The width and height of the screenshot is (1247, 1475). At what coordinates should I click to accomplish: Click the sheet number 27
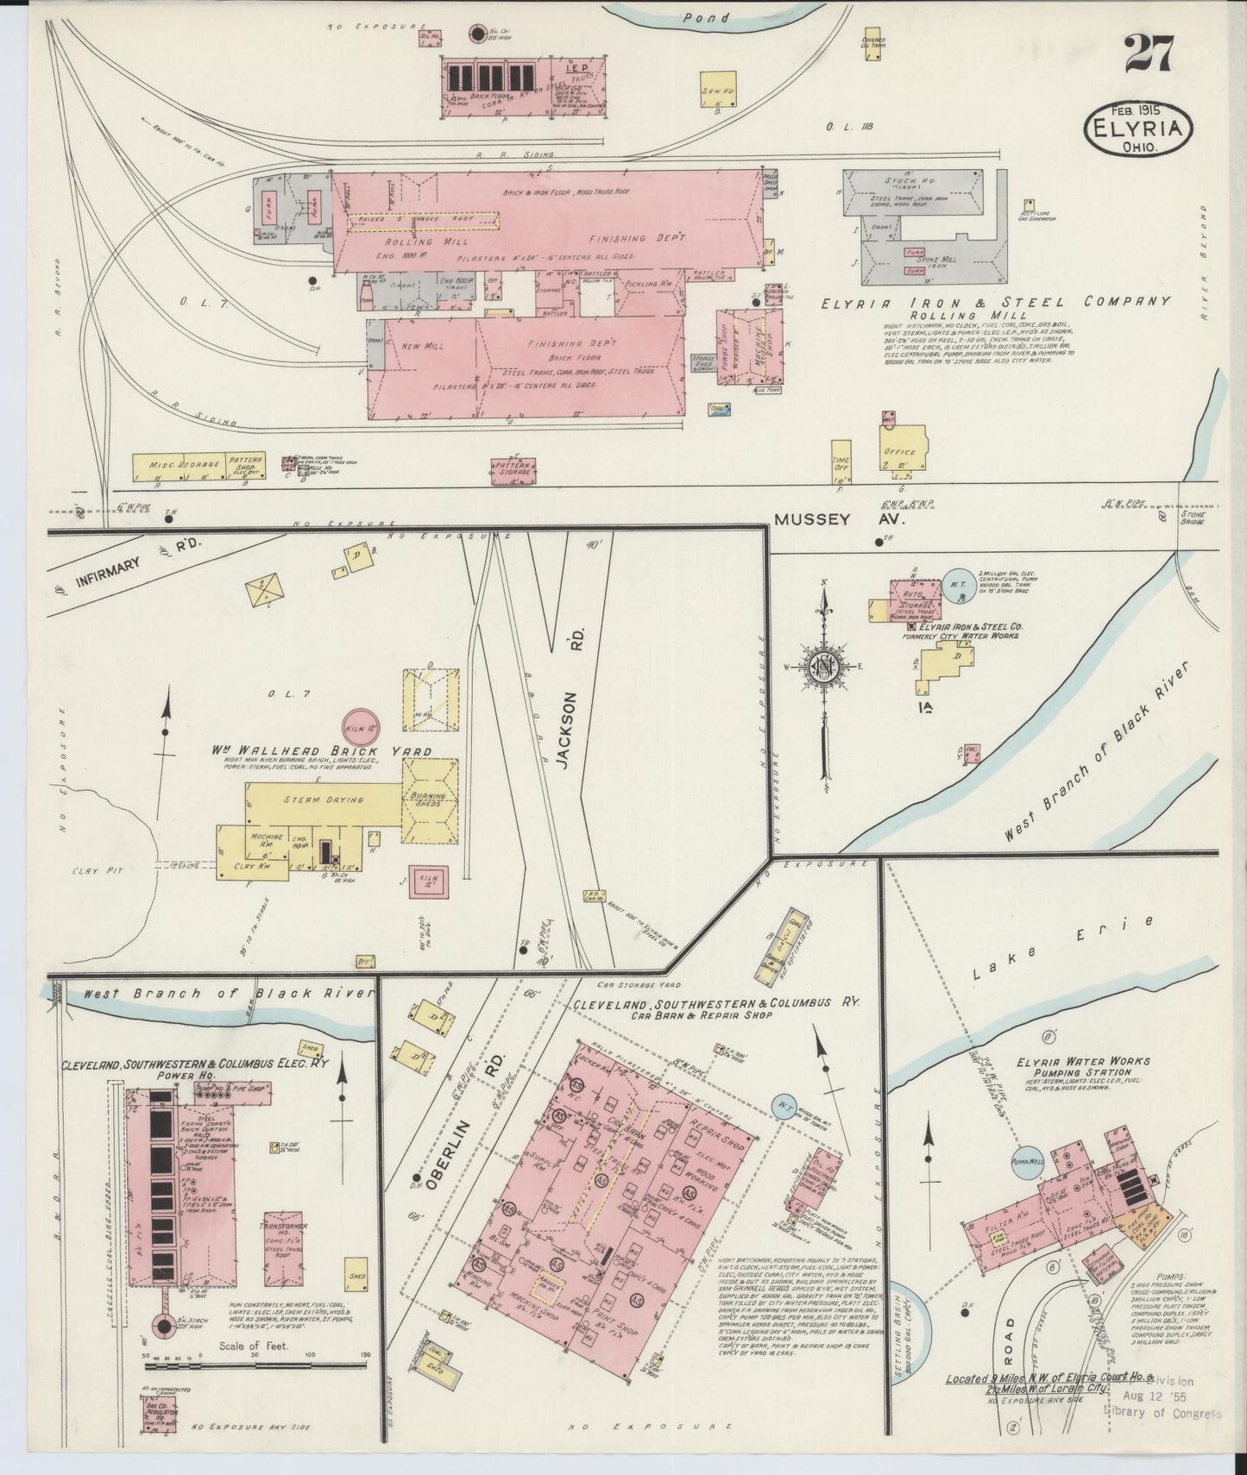[1148, 53]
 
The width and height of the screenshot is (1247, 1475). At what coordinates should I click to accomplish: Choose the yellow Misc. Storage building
[178, 466]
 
